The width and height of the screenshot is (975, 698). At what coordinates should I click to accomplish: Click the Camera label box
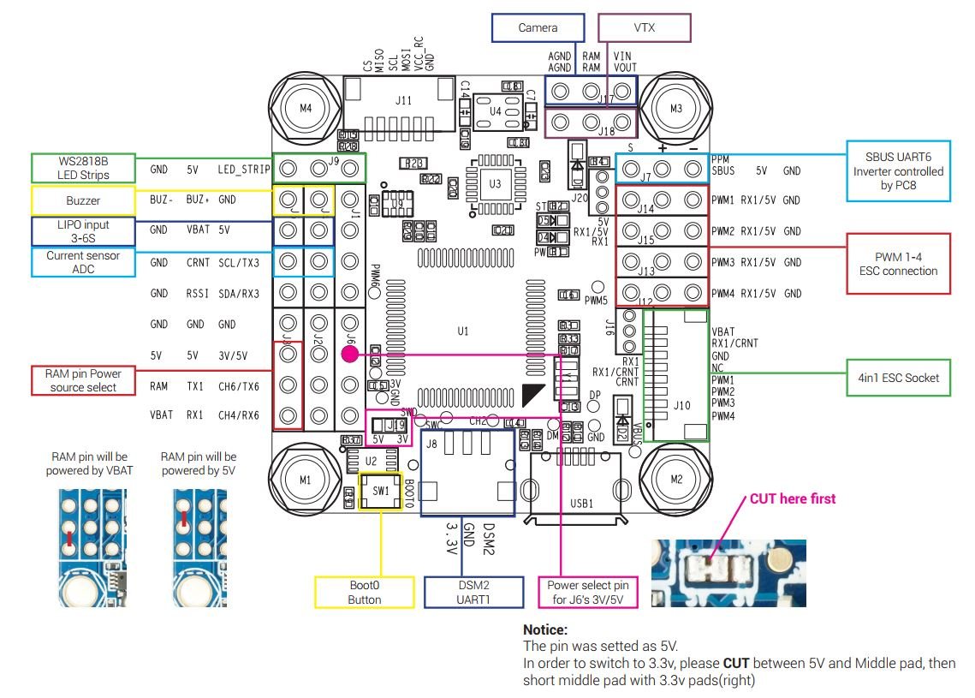[x=538, y=27]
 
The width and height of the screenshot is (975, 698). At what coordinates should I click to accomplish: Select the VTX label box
[x=645, y=27]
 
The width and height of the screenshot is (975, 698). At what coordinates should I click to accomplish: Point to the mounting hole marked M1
[x=306, y=480]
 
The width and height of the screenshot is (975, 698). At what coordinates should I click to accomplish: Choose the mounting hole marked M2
[x=676, y=480]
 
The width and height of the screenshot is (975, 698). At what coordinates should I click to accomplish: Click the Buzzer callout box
[x=83, y=200]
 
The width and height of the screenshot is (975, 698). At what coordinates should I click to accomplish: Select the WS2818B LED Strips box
[x=83, y=168]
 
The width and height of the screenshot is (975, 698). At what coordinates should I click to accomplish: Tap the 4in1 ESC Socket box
[x=898, y=378]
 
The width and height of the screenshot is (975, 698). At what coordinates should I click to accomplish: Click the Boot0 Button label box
[x=364, y=593]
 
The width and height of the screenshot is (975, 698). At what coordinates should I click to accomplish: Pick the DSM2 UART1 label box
[x=473, y=593]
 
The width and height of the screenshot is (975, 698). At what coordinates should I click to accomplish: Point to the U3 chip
[x=495, y=183]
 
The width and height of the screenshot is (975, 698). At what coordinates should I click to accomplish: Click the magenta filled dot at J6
[x=349, y=353]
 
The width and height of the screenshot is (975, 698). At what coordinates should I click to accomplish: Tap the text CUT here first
[x=793, y=498]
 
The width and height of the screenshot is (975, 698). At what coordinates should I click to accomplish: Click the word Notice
[x=545, y=629]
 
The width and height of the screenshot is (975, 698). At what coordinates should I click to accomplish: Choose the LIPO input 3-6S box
[x=83, y=231]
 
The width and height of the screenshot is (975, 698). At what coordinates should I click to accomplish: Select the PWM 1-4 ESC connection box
[x=898, y=264]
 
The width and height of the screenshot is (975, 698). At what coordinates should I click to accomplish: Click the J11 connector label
[x=403, y=100]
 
